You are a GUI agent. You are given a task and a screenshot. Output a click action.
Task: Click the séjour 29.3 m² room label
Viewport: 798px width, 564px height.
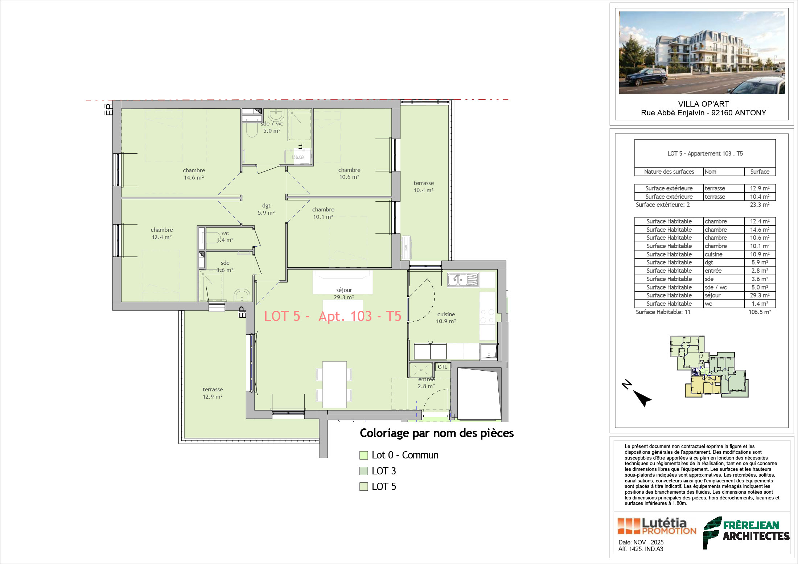[344, 293]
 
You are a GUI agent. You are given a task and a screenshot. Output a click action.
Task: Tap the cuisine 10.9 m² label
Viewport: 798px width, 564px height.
[446, 318]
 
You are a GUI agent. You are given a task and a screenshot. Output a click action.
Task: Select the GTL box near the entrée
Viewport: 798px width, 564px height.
[442, 367]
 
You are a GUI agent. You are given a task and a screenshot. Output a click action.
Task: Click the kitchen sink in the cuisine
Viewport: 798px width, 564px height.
[463, 280]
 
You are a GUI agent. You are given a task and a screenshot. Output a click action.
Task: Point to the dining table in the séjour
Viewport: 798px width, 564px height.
[334, 384]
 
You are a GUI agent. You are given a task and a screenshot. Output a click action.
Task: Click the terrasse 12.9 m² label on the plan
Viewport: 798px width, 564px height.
[213, 393]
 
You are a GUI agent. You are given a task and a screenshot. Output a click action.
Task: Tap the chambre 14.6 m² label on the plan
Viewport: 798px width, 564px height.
[194, 174]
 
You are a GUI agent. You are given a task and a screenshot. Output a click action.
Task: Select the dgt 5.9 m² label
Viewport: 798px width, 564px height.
[266, 209]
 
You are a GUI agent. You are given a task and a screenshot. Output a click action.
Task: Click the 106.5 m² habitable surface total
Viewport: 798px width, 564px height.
[760, 312]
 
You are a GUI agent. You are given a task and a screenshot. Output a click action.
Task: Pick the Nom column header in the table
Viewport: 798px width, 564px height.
[710, 172]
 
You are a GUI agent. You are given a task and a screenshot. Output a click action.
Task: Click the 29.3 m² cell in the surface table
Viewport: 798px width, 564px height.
[760, 295]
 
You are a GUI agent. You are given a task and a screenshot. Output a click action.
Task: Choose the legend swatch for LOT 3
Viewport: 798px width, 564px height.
[363, 471]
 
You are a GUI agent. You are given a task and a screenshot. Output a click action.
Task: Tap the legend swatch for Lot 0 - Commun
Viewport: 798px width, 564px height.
[363, 455]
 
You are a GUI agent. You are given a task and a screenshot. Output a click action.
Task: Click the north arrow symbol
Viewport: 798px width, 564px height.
[642, 398]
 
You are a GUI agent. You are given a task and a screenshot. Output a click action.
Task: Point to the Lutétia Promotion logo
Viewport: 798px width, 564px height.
[657, 526]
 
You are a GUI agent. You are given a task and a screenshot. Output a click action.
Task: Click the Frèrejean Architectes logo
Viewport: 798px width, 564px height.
[746, 532]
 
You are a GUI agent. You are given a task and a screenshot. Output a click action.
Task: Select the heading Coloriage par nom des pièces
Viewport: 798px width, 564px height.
[437, 433]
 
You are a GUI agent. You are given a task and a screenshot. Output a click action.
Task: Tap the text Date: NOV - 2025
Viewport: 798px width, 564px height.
[641, 542]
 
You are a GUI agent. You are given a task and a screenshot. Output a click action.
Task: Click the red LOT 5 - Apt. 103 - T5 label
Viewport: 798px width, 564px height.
[333, 316]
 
